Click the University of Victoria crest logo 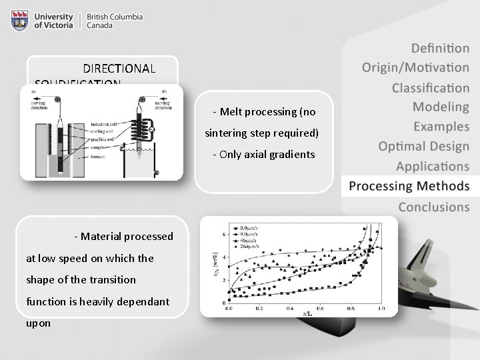click(20, 21)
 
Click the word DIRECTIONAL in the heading click(119, 69)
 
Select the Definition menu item click(440, 48)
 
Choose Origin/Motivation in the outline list click(415, 67)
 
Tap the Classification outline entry click(430, 87)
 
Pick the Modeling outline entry click(441, 107)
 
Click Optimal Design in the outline click(423, 146)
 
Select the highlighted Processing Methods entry click(409, 186)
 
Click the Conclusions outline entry click(433, 207)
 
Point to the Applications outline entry click(432, 166)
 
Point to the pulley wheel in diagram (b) click(141, 99)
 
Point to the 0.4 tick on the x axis click(290, 309)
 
